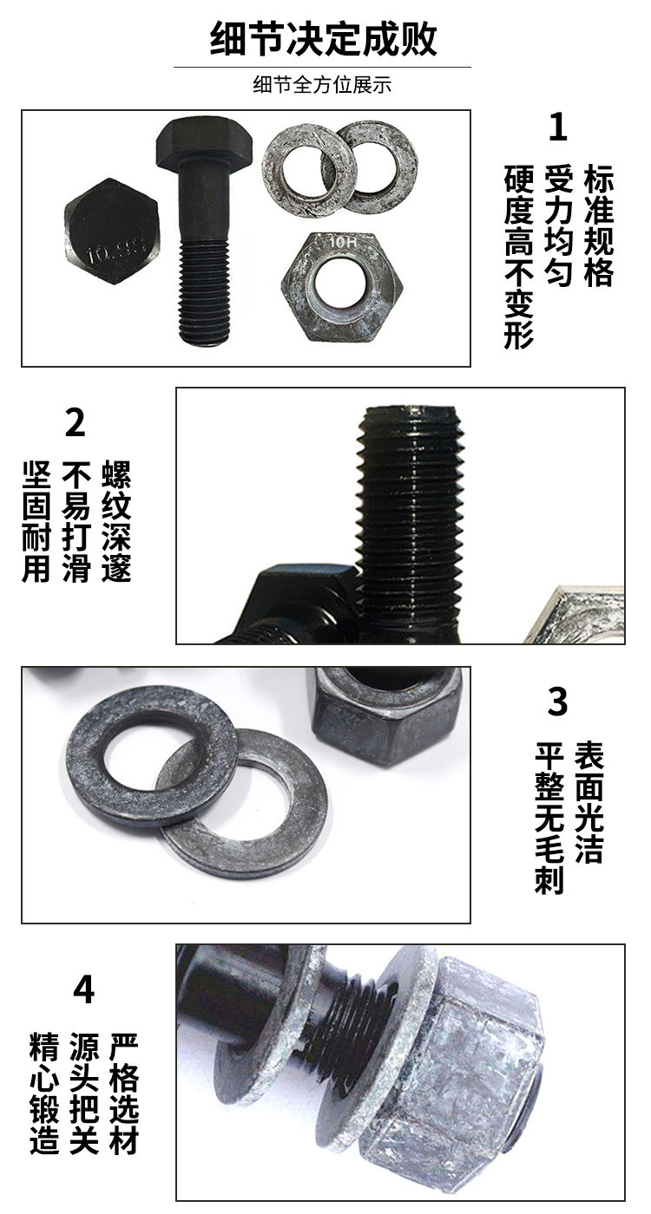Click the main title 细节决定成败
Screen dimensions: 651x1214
tap(323, 39)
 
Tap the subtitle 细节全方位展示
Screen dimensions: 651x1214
tap(322, 85)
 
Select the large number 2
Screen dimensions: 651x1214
tap(75, 422)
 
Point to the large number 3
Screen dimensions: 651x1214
tap(557, 702)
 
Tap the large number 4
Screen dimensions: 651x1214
tap(83, 989)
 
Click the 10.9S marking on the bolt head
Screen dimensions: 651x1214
tap(116, 250)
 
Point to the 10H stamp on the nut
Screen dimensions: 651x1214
tap(342, 242)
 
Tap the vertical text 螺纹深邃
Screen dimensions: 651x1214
tap(116, 521)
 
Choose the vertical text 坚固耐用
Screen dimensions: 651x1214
tap(36, 521)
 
